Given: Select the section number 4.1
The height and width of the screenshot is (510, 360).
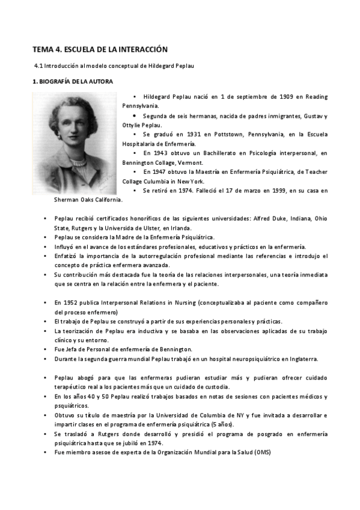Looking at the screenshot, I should (39, 65).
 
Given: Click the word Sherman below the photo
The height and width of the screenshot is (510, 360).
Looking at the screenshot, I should (66, 199).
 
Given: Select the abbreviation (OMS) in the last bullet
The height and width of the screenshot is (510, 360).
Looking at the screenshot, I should (261, 452).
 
